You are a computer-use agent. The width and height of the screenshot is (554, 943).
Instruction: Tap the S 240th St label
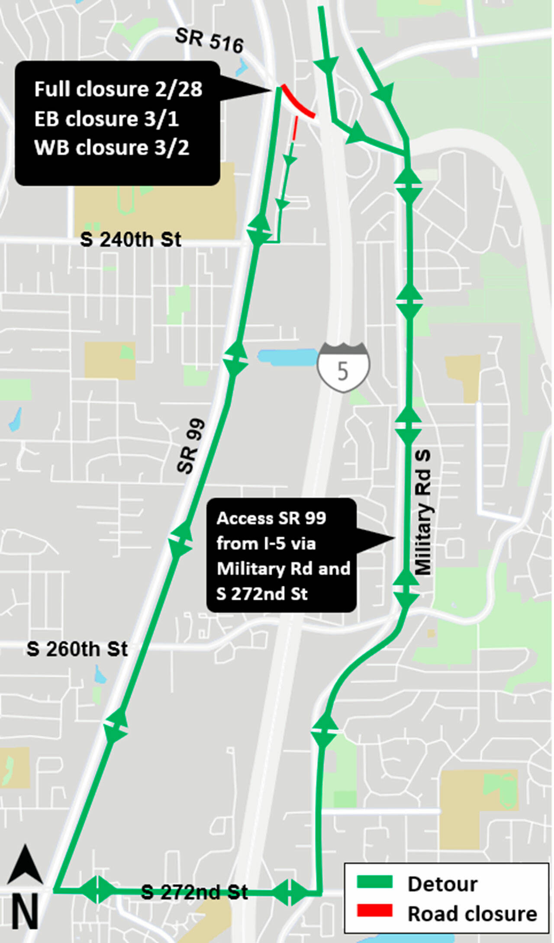(131, 239)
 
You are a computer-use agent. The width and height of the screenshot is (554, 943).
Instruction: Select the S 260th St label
(77, 649)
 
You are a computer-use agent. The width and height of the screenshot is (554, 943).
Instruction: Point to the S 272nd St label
(195, 892)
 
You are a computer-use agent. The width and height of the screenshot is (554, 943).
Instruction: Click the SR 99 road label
(191, 446)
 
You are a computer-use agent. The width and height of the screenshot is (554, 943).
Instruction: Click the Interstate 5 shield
(343, 368)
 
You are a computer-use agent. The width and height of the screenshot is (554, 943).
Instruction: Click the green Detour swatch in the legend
(374, 882)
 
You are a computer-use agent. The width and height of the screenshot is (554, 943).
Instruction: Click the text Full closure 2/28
(118, 90)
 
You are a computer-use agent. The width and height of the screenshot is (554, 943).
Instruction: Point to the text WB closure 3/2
(112, 148)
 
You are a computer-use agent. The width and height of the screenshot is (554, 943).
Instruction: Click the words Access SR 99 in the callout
(271, 518)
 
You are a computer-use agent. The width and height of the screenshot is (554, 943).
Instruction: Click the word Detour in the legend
(442, 884)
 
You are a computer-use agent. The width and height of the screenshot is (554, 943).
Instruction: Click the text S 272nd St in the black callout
(262, 594)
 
